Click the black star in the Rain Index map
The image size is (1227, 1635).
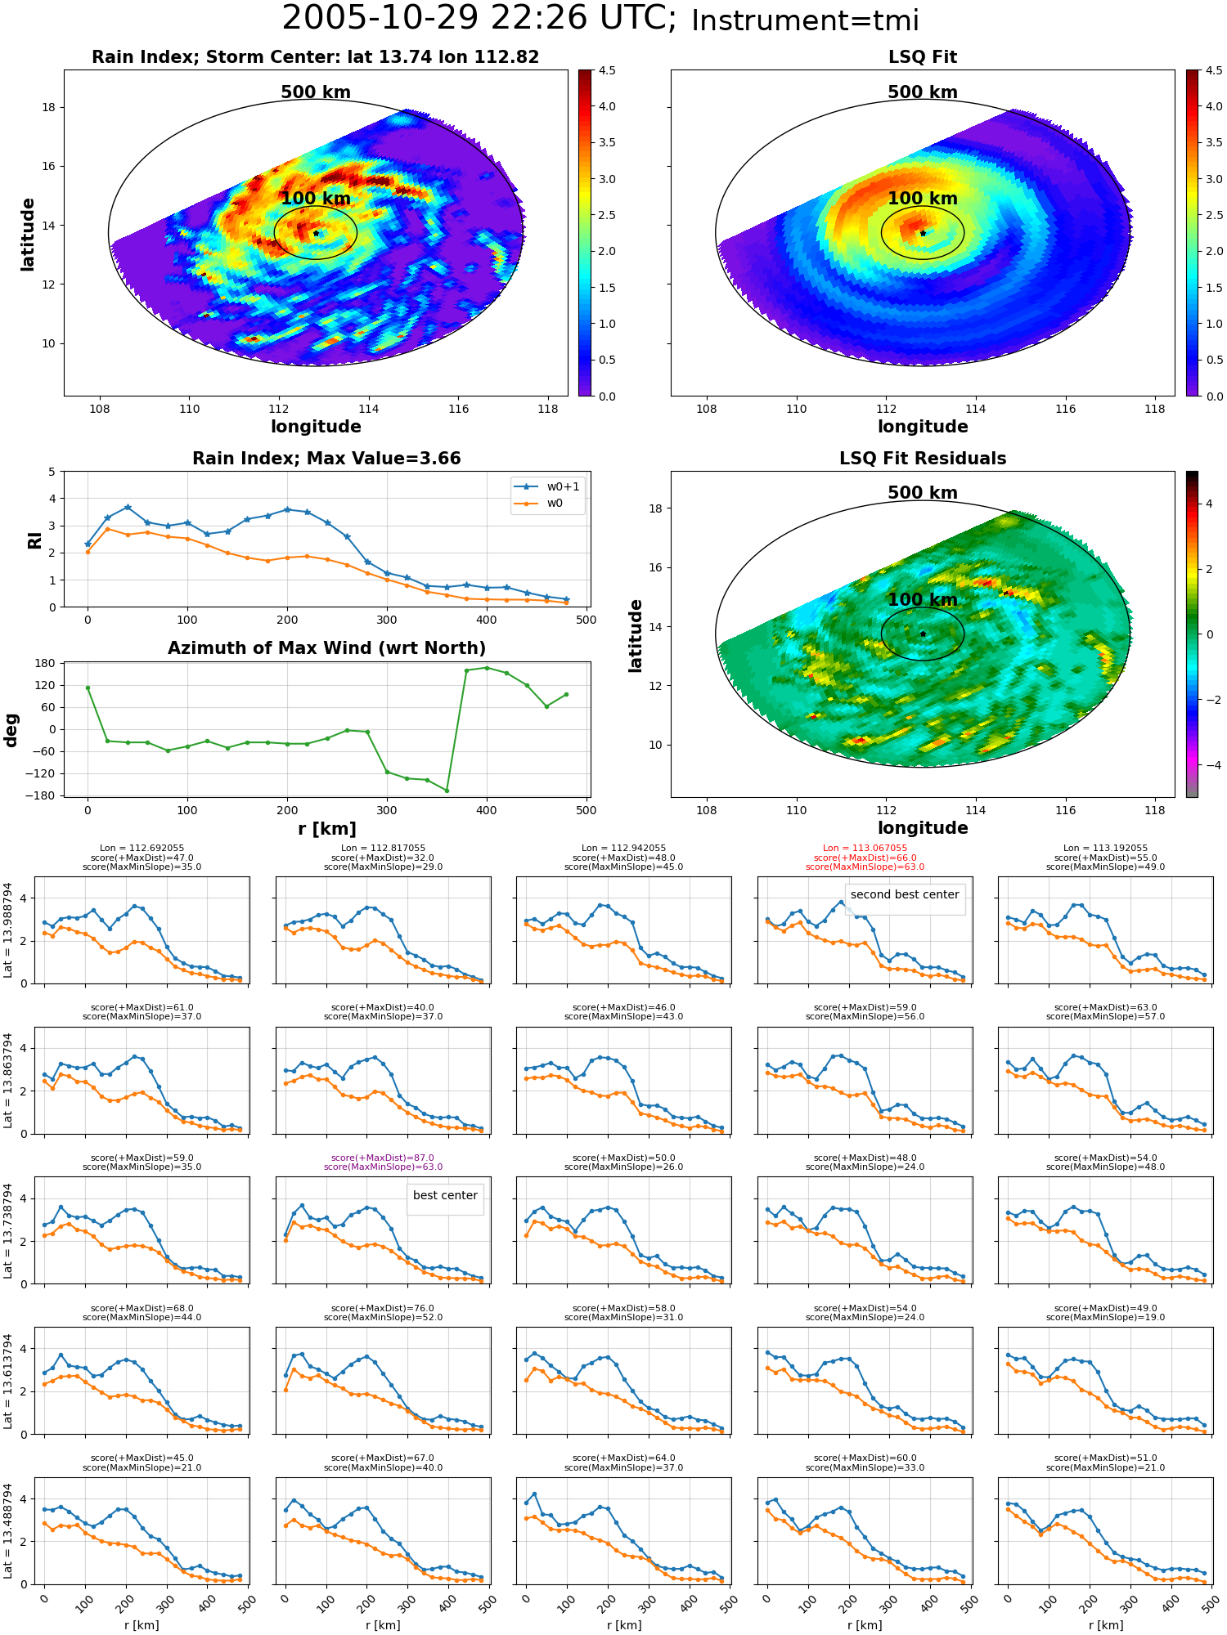click(x=316, y=233)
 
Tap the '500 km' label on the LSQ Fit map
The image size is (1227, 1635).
click(x=923, y=92)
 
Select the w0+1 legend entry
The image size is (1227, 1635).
click(x=547, y=486)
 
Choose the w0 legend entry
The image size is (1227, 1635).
click(x=547, y=504)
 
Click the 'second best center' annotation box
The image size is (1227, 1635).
click(x=905, y=895)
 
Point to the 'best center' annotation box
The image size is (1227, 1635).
click(x=445, y=1195)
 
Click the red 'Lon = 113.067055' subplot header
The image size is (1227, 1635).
click(x=865, y=848)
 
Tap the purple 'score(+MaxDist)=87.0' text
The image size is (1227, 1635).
click(x=383, y=1158)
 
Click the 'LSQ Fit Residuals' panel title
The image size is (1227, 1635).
click(x=923, y=459)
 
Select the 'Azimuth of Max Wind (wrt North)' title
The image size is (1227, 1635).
click(x=326, y=648)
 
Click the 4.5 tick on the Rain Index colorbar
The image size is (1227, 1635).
click(x=607, y=70)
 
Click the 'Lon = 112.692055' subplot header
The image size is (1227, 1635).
click(x=142, y=848)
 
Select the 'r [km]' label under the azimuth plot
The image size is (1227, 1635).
click(x=326, y=829)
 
